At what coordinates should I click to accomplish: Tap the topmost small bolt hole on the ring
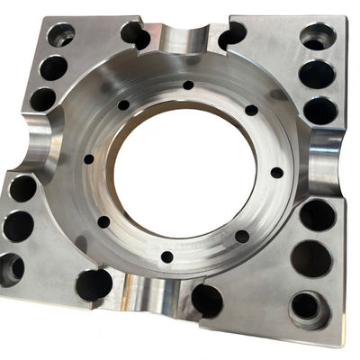tap(188, 85)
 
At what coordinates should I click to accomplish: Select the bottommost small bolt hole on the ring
tap(166, 256)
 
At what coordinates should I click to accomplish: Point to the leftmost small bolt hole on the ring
tap(88, 159)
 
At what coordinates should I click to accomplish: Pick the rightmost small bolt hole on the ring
tap(276, 172)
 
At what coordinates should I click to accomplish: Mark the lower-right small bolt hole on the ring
tap(241, 237)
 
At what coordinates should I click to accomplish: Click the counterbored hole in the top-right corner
tap(317, 38)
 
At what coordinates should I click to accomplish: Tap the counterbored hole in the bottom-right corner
tap(306, 307)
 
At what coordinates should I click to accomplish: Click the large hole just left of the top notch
tap(135, 36)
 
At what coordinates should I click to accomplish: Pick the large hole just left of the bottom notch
tap(94, 284)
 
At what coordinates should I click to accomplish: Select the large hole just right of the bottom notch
tap(207, 300)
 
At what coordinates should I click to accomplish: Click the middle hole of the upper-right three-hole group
tap(317, 74)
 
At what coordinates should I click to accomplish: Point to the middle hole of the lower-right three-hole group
tap(311, 259)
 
